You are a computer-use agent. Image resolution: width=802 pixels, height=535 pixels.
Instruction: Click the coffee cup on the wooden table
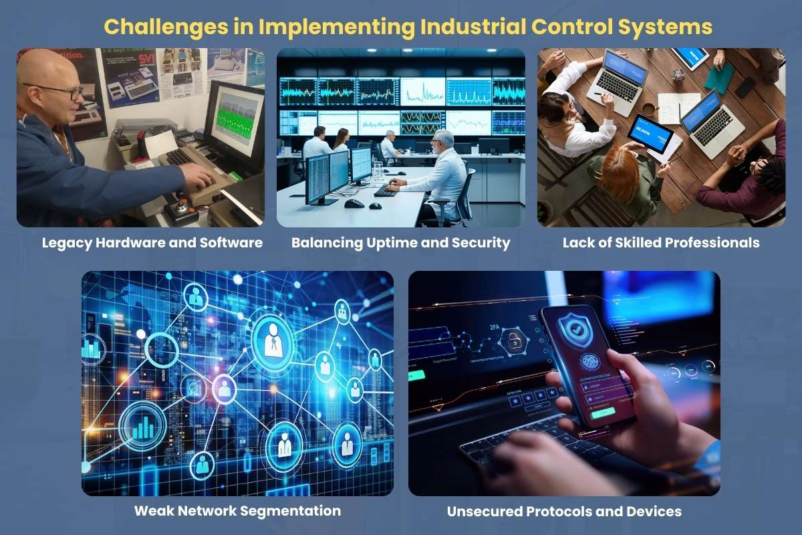click(x=648, y=110)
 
